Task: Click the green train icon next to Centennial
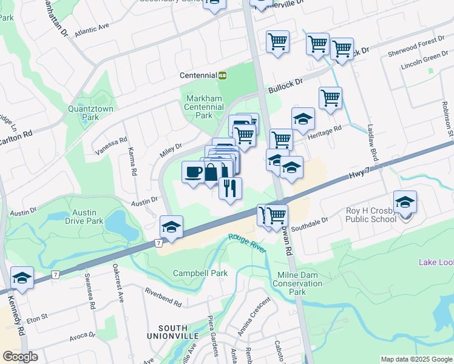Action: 223,75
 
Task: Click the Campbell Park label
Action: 200,273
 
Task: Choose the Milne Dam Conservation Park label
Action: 297,283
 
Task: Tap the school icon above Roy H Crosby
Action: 405,203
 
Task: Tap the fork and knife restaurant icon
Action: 230,189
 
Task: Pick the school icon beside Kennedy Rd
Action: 22,278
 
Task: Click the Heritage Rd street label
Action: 328,129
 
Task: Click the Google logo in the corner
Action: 21,357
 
